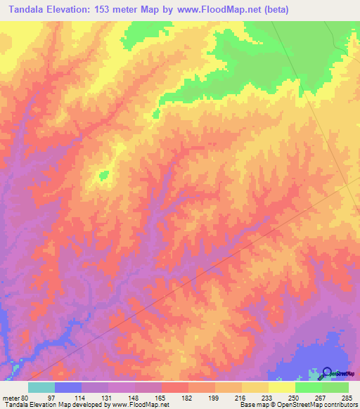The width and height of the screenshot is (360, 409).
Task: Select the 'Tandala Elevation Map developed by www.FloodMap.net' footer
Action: [x=85, y=404]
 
